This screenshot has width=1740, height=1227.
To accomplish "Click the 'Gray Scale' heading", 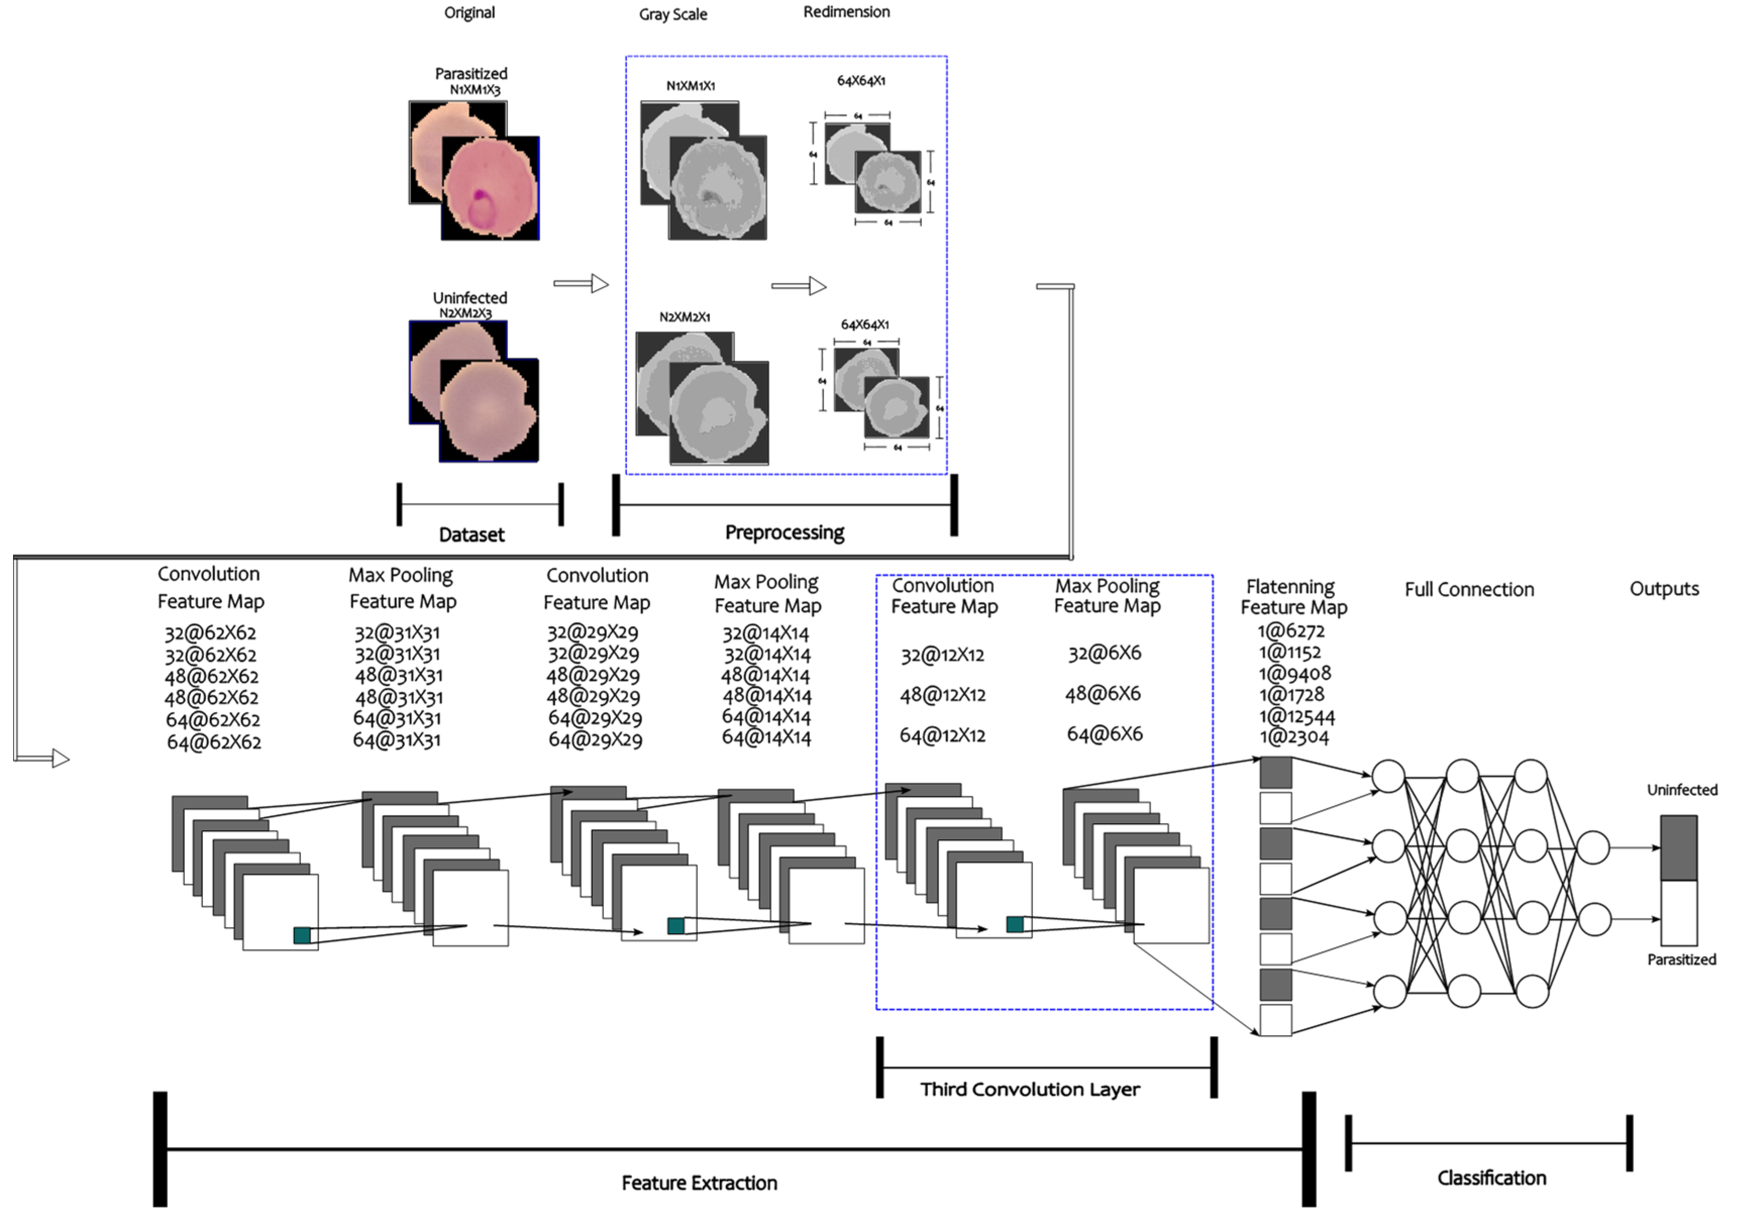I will (x=672, y=15).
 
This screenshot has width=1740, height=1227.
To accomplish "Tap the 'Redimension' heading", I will (x=847, y=12).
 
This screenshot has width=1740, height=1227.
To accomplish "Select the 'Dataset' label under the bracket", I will (x=471, y=535).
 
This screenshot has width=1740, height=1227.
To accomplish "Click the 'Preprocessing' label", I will (x=784, y=533).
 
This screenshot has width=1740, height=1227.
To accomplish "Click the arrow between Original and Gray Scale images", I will (x=582, y=284).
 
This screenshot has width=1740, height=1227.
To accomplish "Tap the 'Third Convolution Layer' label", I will (x=1030, y=1090).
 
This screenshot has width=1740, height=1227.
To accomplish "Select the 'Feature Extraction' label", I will (x=699, y=1183).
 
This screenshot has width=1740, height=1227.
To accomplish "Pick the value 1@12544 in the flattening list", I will (x=1297, y=716).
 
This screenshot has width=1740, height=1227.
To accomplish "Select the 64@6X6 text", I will (x=1104, y=733).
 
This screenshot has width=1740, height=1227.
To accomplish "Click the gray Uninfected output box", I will (x=1678, y=847).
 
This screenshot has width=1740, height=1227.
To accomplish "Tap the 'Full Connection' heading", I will (x=1469, y=590).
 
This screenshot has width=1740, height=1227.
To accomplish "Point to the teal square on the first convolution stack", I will (x=302, y=935).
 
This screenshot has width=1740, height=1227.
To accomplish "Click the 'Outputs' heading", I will (x=1664, y=589).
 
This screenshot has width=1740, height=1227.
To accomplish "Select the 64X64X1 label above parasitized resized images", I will (x=861, y=80).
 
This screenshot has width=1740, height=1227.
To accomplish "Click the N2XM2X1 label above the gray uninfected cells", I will (x=684, y=317).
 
